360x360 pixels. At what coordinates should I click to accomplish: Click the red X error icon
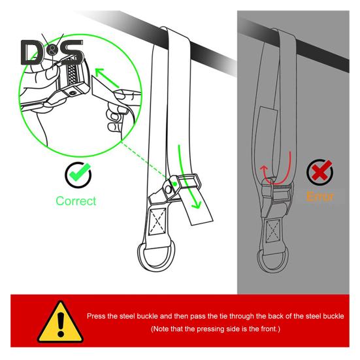[319, 173]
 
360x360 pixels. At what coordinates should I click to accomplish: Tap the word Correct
[76, 201]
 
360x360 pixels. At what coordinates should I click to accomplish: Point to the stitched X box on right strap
[274, 230]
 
